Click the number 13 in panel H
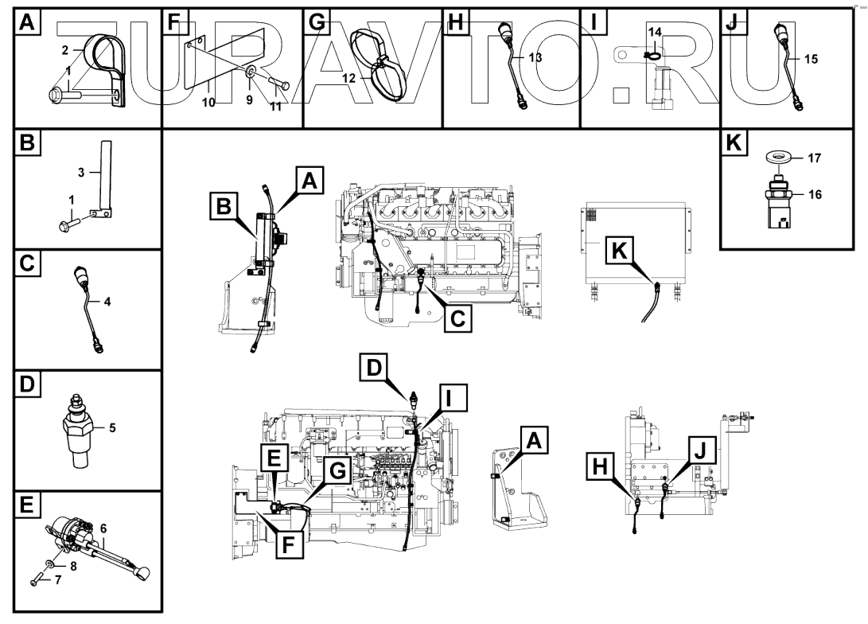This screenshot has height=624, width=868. (x=535, y=58)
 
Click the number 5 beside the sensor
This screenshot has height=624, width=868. (x=111, y=427)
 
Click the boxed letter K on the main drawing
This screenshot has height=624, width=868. (x=622, y=252)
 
